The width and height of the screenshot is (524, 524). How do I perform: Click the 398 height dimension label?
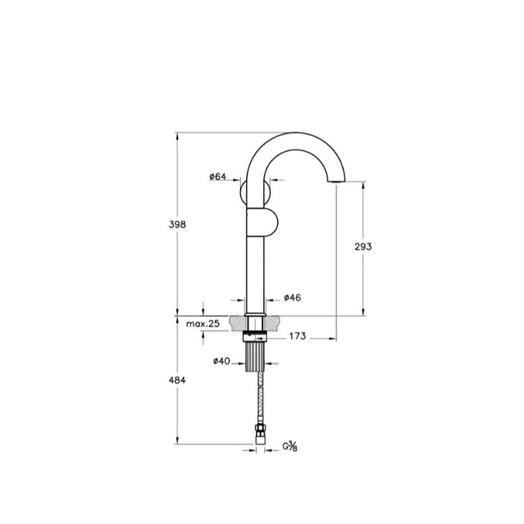[x=177, y=225]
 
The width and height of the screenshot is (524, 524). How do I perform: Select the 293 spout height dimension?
[x=363, y=247]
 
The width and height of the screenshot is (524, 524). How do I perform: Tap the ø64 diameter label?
[x=217, y=177]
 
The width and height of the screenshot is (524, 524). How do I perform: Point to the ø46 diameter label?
[x=292, y=298]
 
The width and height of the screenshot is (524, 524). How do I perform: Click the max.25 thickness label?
[x=203, y=323]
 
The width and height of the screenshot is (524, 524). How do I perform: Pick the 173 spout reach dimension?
[x=298, y=336]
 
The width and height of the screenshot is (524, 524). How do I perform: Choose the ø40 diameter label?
[x=221, y=361]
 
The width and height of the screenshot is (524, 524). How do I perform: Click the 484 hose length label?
[x=177, y=380]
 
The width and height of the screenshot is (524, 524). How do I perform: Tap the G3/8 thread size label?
[x=290, y=446]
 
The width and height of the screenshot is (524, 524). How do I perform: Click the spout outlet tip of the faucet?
[x=336, y=181]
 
